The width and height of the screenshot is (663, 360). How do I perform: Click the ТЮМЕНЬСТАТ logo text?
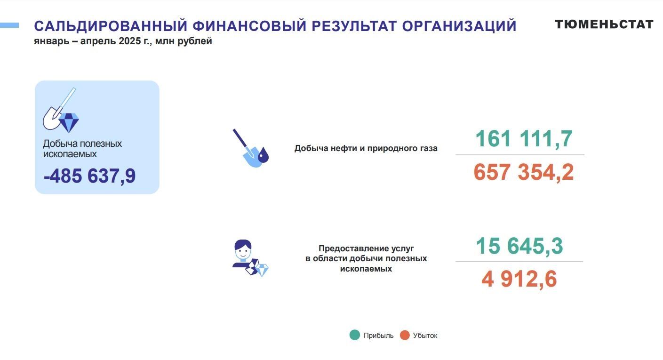(604, 24)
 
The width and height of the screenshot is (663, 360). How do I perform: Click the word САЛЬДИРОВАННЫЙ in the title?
(111, 26)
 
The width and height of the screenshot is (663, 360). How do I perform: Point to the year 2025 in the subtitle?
(130, 41)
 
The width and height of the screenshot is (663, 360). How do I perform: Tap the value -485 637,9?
(90, 176)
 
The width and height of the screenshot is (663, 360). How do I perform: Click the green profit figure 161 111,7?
(524, 138)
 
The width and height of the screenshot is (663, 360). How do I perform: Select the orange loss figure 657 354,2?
(524, 172)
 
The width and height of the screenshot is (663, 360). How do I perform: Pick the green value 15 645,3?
(519, 246)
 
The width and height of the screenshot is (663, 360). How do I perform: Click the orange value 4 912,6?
(519, 279)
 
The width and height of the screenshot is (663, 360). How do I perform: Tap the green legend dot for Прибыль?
(355, 335)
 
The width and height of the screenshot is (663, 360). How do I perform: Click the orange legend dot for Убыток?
(405, 335)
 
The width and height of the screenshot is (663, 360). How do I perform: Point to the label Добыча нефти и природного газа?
(366, 148)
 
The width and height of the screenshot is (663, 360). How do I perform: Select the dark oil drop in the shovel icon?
(263, 155)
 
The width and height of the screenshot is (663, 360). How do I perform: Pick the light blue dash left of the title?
(9, 25)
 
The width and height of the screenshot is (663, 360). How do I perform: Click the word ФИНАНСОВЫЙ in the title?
(250, 26)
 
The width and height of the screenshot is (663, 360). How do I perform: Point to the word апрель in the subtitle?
(98, 41)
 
